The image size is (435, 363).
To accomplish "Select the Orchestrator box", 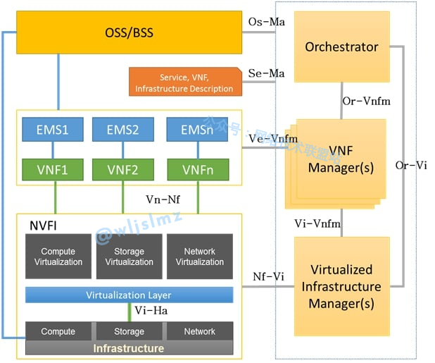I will point(341,47).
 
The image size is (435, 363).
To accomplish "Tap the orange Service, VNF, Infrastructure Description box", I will point(184,82).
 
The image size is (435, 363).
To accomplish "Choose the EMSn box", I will point(197,130).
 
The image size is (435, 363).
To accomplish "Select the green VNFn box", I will point(197,169).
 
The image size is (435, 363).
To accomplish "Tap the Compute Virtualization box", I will point(58,257).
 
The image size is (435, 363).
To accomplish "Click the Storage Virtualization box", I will point(129,257).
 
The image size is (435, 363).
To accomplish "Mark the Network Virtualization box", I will point(199,257).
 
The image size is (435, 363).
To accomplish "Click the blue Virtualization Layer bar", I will point(129,295).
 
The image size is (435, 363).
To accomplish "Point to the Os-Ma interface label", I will point(267,22).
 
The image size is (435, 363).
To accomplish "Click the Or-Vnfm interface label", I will point(366,101).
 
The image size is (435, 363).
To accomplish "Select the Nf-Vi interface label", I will point(268,276).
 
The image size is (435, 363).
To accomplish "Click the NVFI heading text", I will point(44,226).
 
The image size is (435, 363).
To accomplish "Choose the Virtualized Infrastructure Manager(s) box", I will point(341,287).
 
